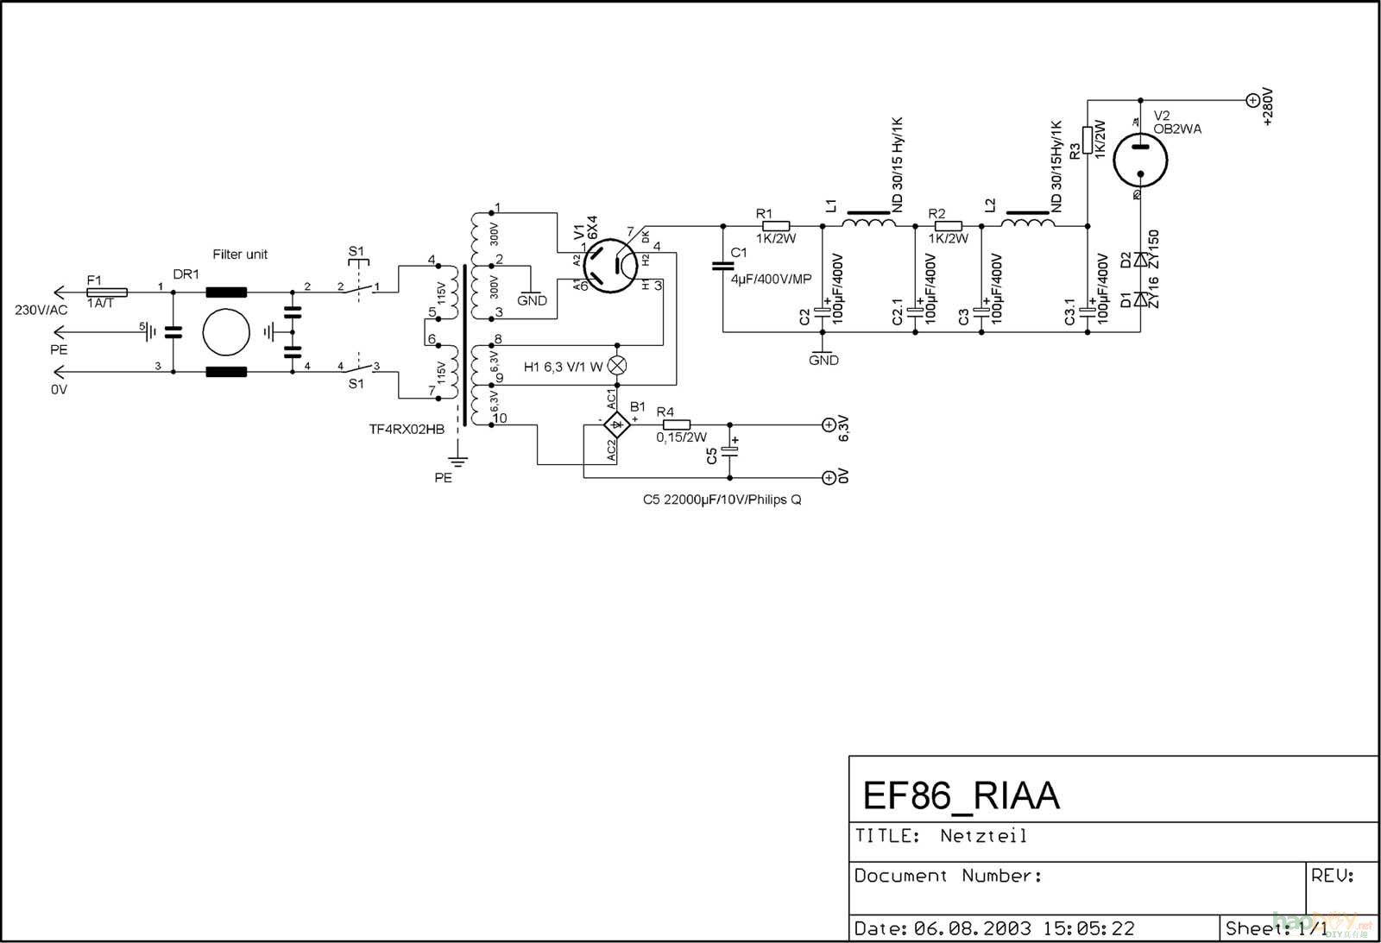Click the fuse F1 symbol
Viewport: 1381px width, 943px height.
107,292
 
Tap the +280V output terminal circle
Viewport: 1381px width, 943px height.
1252,100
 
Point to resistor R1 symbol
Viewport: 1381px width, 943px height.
775,226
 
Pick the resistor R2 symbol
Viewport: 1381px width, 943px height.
948,226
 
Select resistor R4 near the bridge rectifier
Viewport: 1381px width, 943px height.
677,424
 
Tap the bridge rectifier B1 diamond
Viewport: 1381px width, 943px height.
616,424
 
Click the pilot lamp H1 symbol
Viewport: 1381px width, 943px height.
616,366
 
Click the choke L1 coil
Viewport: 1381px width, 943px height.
868,223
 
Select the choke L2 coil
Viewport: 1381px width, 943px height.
1027,223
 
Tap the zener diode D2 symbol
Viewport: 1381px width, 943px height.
1141,259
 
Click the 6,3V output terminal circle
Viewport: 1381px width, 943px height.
829,424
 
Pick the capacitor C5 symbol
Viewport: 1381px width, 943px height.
730,451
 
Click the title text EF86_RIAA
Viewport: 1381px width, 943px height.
961,795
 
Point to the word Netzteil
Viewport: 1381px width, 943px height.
983,836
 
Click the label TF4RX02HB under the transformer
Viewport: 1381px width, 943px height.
407,429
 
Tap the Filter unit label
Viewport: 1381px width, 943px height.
240,255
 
